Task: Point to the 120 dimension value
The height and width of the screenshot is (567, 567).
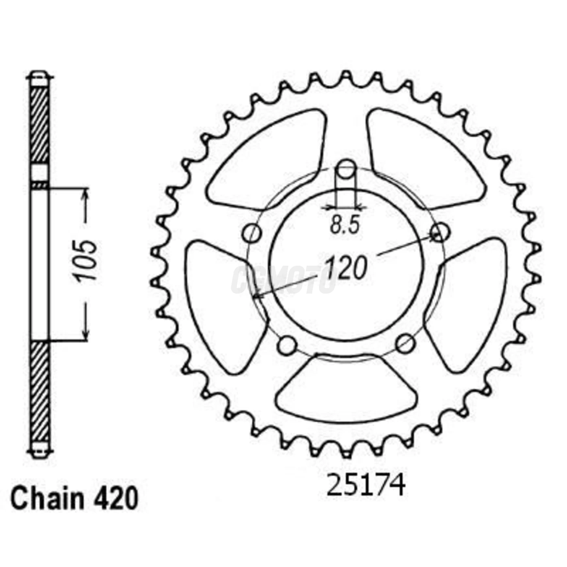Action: (x=346, y=268)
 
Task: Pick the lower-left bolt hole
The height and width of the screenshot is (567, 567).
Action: (x=288, y=345)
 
